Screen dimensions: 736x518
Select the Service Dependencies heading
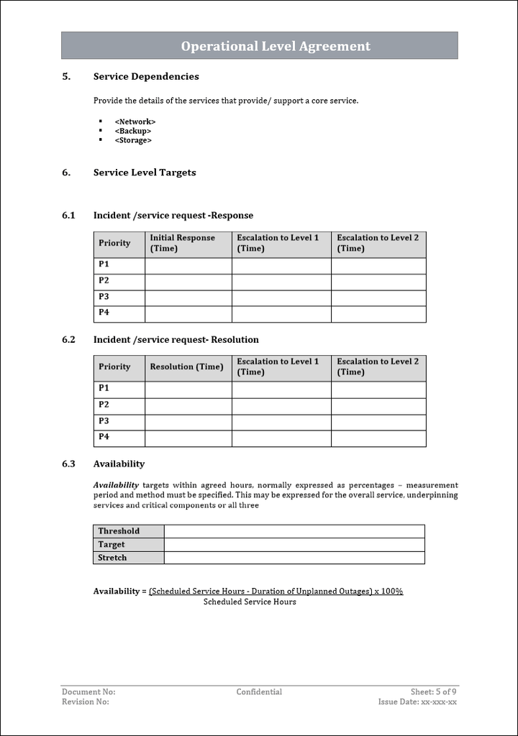(x=146, y=77)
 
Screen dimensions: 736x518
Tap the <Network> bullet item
(x=135, y=121)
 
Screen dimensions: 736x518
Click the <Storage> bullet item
(x=133, y=140)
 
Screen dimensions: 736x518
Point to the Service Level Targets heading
(x=145, y=172)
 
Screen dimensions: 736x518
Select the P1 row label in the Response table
(x=104, y=264)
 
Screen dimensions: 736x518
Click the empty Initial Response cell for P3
(x=188, y=298)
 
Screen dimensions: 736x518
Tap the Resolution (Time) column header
(x=186, y=367)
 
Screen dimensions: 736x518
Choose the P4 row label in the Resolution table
(x=104, y=437)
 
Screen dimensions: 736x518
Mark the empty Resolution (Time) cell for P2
(x=188, y=406)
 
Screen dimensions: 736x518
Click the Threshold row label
(x=119, y=531)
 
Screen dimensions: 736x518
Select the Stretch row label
(x=112, y=558)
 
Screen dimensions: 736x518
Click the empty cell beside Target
(x=294, y=545)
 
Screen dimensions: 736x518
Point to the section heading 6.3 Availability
(x=119, y=464)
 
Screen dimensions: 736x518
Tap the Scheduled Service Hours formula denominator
(x=250, y=602)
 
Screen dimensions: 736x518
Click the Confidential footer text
(x=259, y=692)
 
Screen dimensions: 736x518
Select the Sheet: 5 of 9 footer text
(x=433, y=692)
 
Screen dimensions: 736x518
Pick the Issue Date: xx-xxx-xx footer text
(x=417, y=702)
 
